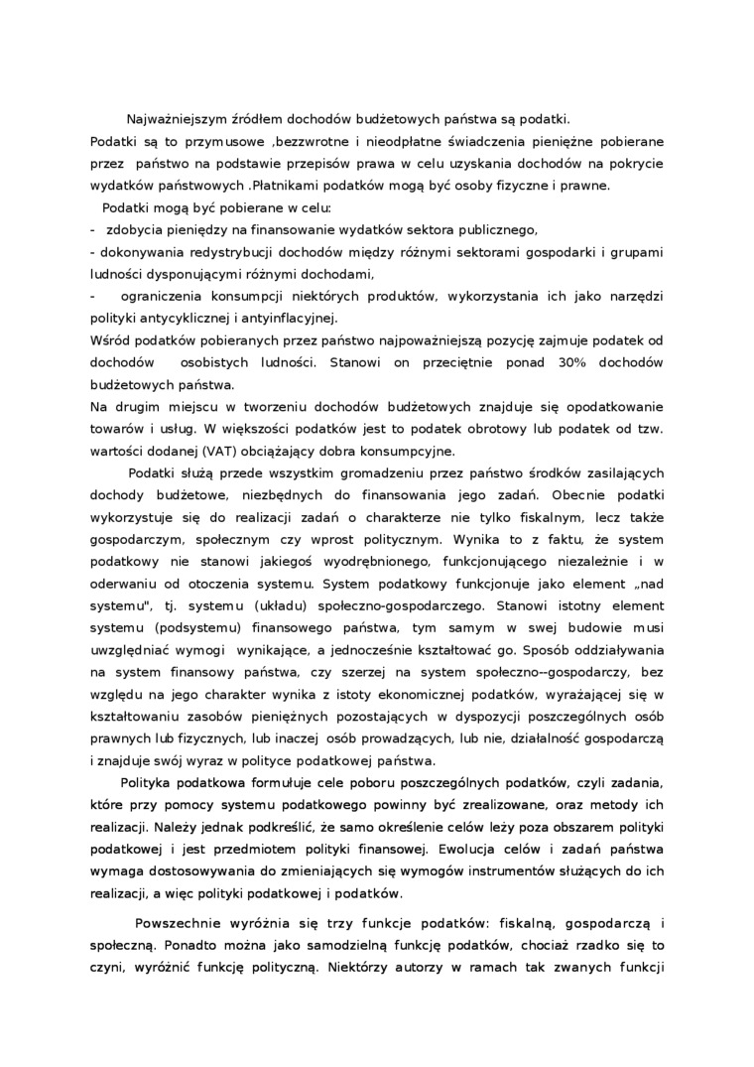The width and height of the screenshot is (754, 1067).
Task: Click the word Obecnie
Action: click(579, 493)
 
